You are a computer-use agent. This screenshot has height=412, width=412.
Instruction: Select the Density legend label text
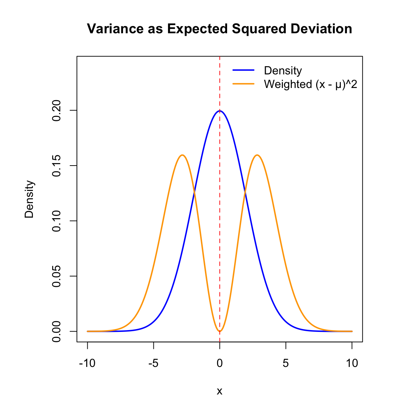coord(283,70)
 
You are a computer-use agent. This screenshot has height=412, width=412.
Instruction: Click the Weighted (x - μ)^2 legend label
coord(310,84)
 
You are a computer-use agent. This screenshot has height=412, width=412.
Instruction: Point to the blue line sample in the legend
coord(244,70)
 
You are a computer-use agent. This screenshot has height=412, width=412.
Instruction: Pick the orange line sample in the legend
coord(244,84)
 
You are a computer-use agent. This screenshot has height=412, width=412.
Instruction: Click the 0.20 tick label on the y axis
coord(57,111)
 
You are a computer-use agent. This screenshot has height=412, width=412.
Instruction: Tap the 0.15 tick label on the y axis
coord(57,166)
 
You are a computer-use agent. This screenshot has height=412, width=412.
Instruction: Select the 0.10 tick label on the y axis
coord(57,221)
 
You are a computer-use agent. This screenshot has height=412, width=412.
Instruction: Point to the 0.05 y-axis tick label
coord(57,276)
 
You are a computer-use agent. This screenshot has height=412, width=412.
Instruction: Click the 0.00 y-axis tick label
coord(57,331)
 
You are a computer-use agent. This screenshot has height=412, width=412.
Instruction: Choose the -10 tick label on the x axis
coord(87,363)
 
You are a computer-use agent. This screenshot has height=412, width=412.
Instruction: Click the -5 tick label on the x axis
coord(153,363)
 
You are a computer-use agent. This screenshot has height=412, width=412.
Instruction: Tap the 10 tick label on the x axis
coord(352,363)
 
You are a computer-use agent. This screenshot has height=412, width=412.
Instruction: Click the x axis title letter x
coord(220,391)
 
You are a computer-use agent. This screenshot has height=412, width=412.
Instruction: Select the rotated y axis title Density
coord(29,199)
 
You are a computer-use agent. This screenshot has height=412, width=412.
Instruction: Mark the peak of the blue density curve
coord(220,111)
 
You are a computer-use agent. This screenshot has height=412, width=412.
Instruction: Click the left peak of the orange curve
coord(182,155)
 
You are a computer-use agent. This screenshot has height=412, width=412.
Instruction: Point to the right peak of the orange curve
coord(257,155)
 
